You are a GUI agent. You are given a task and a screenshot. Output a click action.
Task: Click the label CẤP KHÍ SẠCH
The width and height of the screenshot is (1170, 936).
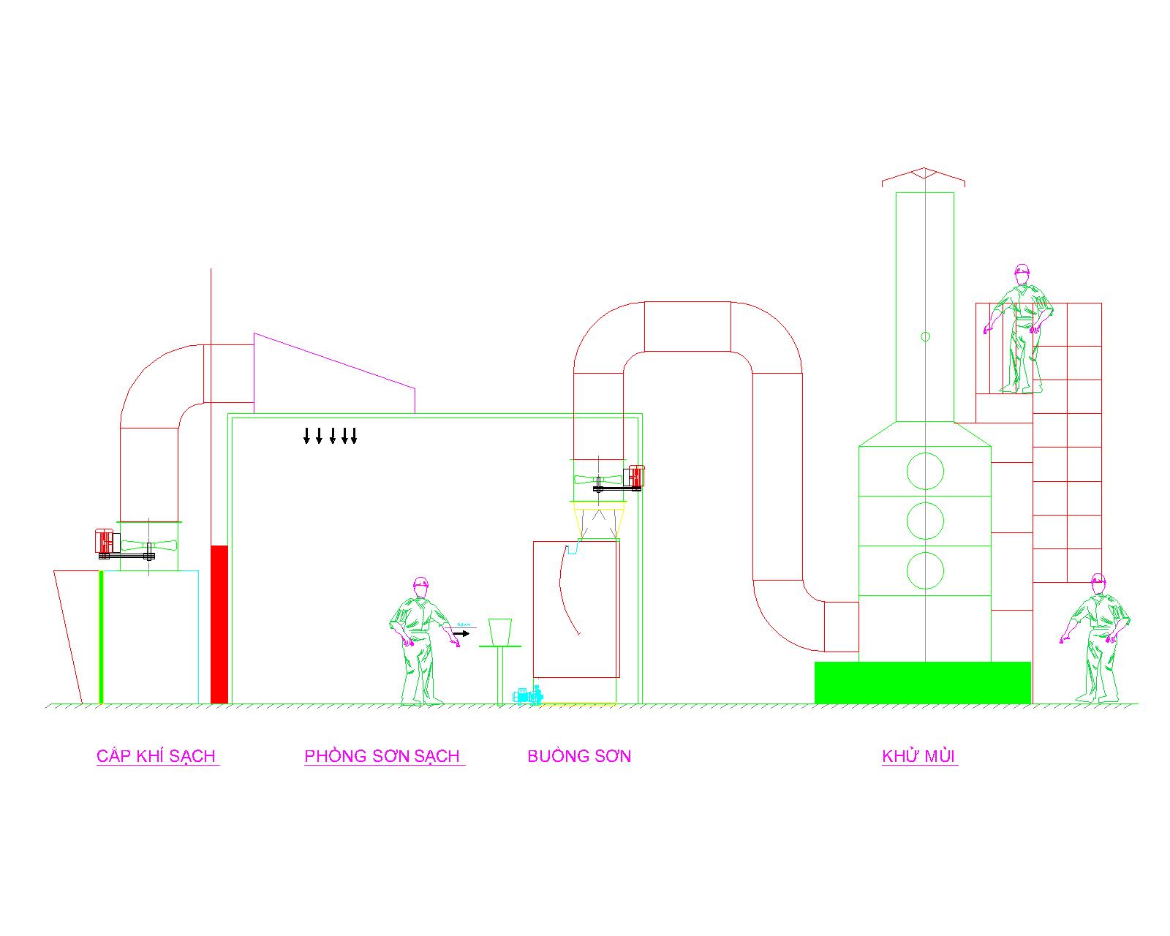click(x=156, y=756)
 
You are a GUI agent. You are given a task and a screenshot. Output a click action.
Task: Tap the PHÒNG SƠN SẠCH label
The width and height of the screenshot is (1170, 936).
click(x=382, y=756)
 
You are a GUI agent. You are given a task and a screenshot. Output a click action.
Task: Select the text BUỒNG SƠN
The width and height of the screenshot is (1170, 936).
click(x=579, y=756)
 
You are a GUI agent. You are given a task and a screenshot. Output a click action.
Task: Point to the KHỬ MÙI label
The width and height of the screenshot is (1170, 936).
click(x=919, y=756)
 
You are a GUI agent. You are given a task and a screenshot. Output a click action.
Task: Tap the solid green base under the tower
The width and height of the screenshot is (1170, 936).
click(x=922, y=682)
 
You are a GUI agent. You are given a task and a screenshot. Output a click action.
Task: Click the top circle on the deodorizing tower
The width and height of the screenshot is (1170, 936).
click(x=925, y=470)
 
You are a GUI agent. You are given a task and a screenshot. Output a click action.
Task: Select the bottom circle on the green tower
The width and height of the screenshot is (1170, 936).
click(x=925, y=570)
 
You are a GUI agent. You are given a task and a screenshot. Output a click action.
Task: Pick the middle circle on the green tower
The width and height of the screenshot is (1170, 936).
click(x=925, y=521)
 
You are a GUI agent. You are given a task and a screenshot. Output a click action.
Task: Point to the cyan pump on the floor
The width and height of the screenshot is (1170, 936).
click(x=527, y=695)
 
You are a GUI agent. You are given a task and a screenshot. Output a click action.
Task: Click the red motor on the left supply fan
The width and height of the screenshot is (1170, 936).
click(x=107, y=541)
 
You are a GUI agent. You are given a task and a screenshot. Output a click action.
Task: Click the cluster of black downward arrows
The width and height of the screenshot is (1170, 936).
click(x=330, y=436)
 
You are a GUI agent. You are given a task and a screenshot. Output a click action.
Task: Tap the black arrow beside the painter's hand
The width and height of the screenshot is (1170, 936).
click(x=461, y=633)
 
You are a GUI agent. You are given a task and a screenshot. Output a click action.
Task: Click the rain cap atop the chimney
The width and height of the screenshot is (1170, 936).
click(x=924, y=175)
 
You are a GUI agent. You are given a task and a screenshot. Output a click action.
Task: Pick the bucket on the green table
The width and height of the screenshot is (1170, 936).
click(x=500, y=631)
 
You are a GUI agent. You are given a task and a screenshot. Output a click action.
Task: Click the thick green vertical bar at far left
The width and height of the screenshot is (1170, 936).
click(x=101, y=636)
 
